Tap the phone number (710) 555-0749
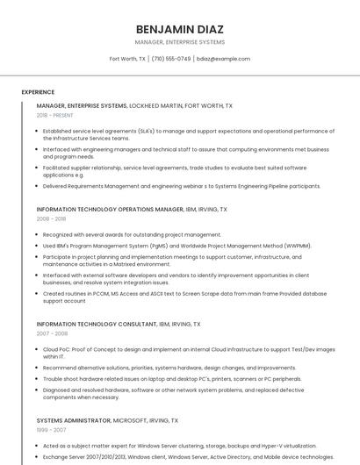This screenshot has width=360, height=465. click(171, 59)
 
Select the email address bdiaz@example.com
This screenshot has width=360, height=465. click(223, 59)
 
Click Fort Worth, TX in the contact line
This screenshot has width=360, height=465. click(127, 59)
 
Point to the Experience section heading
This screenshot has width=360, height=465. click(38, 91)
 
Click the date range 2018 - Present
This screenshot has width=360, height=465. click(54, 115)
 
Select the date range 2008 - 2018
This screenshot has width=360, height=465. click(51, 218)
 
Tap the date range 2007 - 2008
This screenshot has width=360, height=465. click(52, 333)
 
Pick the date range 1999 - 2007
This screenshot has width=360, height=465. click(51, 430)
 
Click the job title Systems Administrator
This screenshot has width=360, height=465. click(74, 420)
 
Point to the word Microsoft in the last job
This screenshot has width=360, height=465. click(131, 420)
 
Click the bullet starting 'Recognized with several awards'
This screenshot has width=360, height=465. click(132, 234)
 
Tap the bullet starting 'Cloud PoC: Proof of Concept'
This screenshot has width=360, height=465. click(188, 353)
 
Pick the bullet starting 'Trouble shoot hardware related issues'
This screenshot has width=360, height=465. click(171, 379)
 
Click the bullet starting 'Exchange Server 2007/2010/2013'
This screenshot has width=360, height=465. click(188, 456)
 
